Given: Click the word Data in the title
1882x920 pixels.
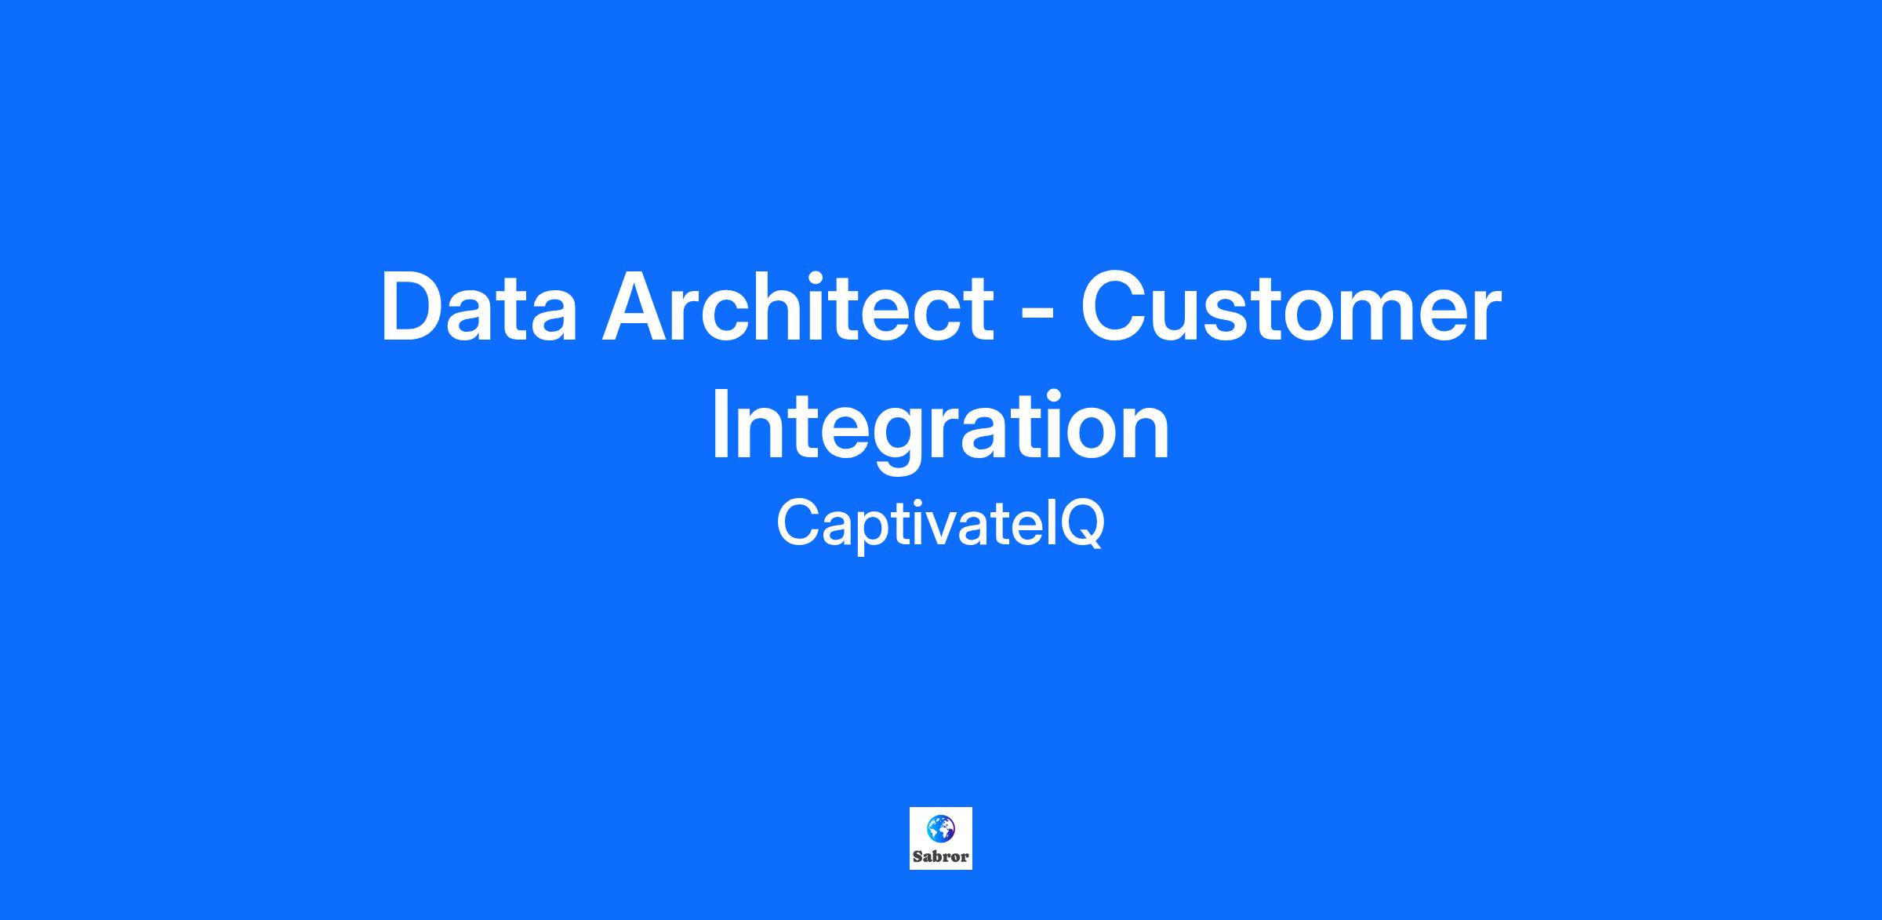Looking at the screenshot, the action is click(479, 307).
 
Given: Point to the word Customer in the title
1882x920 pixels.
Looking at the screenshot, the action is click(1291, 307).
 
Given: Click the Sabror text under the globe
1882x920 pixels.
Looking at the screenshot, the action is click(941, 856).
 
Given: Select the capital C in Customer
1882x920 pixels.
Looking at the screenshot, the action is click(1114, 307).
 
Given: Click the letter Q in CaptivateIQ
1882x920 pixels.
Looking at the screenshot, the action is click(1083, 525).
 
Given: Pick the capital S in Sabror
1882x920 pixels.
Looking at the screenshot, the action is click(917, 856).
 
